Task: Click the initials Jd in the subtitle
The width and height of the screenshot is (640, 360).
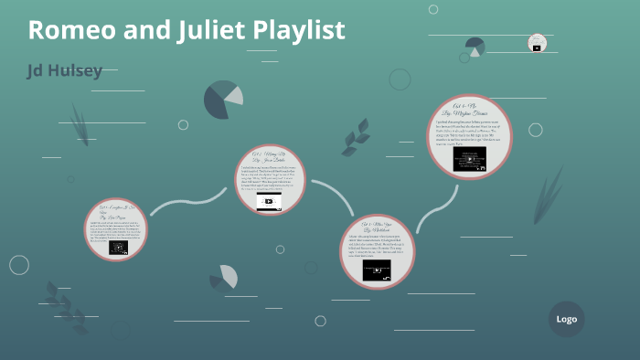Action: (x=37, y=71)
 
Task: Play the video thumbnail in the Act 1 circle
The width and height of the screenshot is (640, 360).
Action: (x=117, y=247)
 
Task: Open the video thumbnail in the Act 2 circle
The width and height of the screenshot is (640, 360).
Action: (x=269, y=201)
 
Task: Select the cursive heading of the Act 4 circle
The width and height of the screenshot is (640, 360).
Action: (x=469, y=113)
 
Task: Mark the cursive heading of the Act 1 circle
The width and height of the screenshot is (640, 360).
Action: (x=115, y=212)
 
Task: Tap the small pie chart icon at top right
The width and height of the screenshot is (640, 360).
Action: (x=475, y=47)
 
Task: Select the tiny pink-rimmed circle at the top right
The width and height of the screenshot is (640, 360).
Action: (x=537, y=42)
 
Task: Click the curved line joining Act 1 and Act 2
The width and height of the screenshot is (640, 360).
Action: (x=187, y=201)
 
